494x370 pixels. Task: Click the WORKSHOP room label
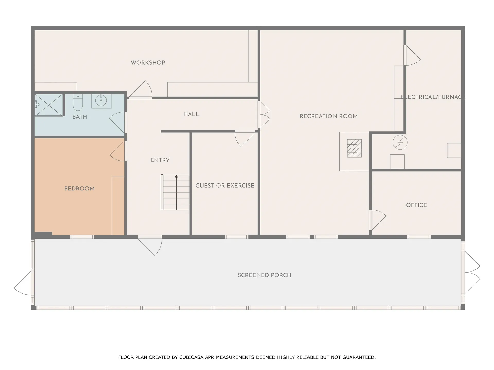click(148, 63)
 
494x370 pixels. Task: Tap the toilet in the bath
click(77, 102)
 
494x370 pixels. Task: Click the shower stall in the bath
click(49, 105)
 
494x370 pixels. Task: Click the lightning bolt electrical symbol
click(400, 142)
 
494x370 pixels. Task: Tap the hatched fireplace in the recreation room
click(354, 148)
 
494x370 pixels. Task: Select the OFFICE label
click(416, 205)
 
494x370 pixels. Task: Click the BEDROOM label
click(80, 189)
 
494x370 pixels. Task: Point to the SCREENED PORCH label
click(264, 275)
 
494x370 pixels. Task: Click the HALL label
click(191, 114)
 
